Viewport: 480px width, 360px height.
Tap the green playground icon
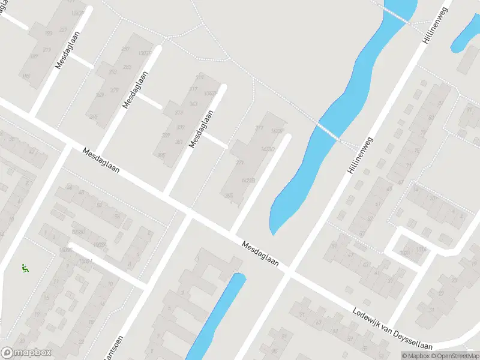tap(25, 268)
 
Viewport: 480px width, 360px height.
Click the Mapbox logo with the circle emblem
tap(26, 352)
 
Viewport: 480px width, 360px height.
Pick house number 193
tap(48, 34)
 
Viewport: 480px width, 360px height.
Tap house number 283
tap(127, 67)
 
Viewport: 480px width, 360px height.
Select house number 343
tap(193, 104)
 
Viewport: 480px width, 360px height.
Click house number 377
tap(259, 128)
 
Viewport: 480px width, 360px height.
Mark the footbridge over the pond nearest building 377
tap(328, 130)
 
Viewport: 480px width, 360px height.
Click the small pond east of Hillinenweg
tap(464, 36)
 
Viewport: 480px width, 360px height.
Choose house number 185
tap(26, 76)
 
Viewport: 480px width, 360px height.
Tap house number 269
tap(93, 117)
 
